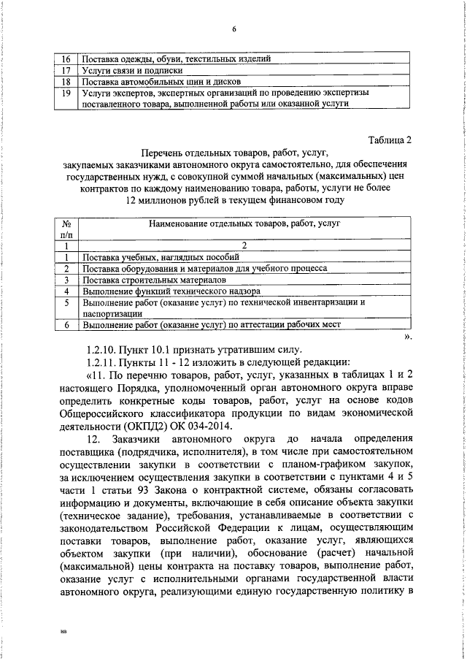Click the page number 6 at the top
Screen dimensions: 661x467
[x=234, y=29]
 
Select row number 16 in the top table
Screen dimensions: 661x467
[x=66, y=59]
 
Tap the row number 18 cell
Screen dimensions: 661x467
[x=66, y=82]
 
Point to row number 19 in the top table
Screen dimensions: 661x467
[x=66, y=93]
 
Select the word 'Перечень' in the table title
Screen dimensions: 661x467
[x=165, y=153]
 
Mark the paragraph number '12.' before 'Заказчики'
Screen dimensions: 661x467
[x=93, y=440]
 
